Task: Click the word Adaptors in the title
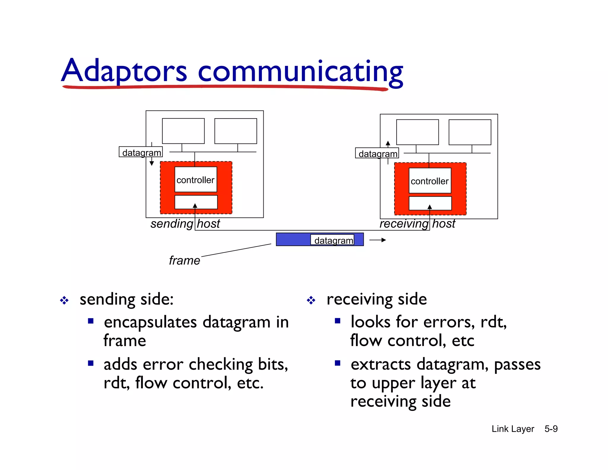pos(124,71)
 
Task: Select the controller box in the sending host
pos(196,180)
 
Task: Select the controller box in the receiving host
pos(430,181)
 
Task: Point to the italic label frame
pos(184,261)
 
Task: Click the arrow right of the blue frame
pos(378,240)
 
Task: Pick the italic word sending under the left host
pos(172,224)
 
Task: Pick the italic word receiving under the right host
pos(404,224)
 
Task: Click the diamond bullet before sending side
pos(64,300)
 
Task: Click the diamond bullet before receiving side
pos(311,300)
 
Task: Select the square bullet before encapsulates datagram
pos(91,321)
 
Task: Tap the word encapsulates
pos(150,323)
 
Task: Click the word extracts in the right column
pos(381,365)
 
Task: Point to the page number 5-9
pos(551,429)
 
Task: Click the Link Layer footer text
pos(513,429)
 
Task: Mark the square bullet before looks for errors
pos(338,321)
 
